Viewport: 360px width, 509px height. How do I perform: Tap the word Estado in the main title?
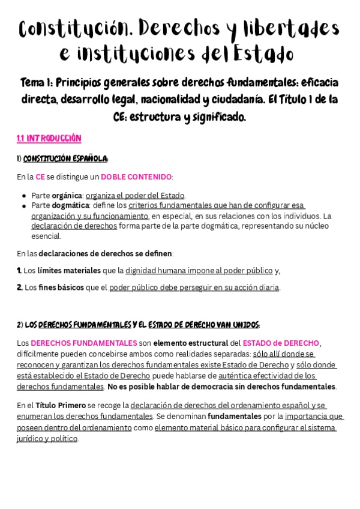(x=264, y=54)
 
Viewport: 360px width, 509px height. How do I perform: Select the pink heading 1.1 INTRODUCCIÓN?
(x=49, y=139)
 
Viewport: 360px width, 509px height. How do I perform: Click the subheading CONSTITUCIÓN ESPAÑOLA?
(x=65, y=158)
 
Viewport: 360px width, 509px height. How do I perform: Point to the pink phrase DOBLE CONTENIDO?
(x=136, y=177)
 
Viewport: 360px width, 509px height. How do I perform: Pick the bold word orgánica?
(x=67, y=195)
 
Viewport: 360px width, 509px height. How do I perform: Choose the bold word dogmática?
(x=70, y=205)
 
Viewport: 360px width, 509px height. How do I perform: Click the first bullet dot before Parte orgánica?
(x=25, y=196)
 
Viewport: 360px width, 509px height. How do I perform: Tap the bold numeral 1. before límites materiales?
(x=19, y=271)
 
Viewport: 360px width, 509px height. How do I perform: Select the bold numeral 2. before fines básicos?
(x=19, y=288)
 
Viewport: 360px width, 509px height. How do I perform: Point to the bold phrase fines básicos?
(x=62, y=288)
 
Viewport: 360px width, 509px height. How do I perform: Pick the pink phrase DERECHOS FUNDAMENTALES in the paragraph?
(x=84, y=343)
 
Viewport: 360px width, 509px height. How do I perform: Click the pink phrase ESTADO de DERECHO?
(x=281, y=343)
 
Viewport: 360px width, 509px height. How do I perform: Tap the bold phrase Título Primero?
(x=60, y=406)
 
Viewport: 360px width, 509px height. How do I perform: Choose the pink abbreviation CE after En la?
(x=40, y=177)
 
